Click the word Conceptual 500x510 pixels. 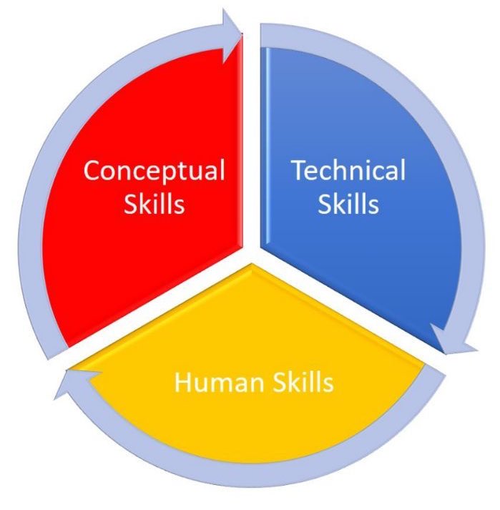[154, 171]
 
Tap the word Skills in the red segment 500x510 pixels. [154, 205]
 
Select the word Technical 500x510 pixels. [348, 171]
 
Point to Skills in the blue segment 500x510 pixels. [348, 205]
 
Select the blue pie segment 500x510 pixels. [358, 250]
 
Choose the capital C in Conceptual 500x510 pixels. [92, 171]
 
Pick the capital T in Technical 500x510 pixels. [297, 171]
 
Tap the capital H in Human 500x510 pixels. [182, 383]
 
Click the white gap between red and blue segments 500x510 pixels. [252, 143]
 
